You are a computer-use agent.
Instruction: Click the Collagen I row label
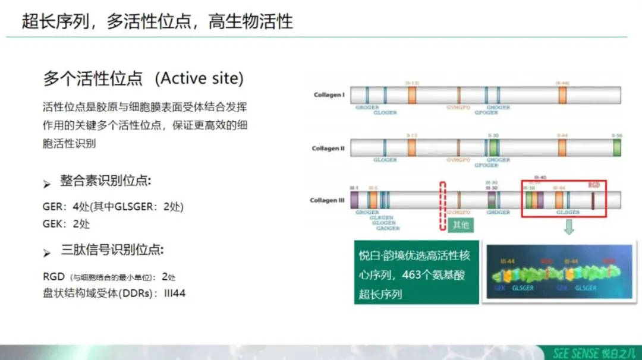[x=329, y=95]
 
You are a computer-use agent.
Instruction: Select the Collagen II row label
[x=328, y=148]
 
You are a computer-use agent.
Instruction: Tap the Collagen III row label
[x=328, y=200]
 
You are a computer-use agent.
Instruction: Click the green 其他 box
[x=460, y=225]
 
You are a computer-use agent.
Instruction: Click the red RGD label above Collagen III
[x=593, y=185]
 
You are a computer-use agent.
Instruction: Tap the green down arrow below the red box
[x=569, y=227]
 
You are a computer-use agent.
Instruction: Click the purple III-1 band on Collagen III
[x=354, y=200]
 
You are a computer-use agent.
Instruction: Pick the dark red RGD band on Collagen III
[x=593, y=200]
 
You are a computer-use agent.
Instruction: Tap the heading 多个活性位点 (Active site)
[x=143, y=78]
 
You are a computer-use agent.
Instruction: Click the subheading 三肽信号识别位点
[x=111, y=250]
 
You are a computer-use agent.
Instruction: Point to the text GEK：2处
[x=67, y=223]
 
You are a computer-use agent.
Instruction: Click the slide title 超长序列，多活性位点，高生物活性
[x=157, y=21]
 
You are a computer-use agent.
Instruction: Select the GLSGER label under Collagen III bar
[x=568, y=212]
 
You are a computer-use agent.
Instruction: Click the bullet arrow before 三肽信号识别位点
[x=47, y=253]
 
